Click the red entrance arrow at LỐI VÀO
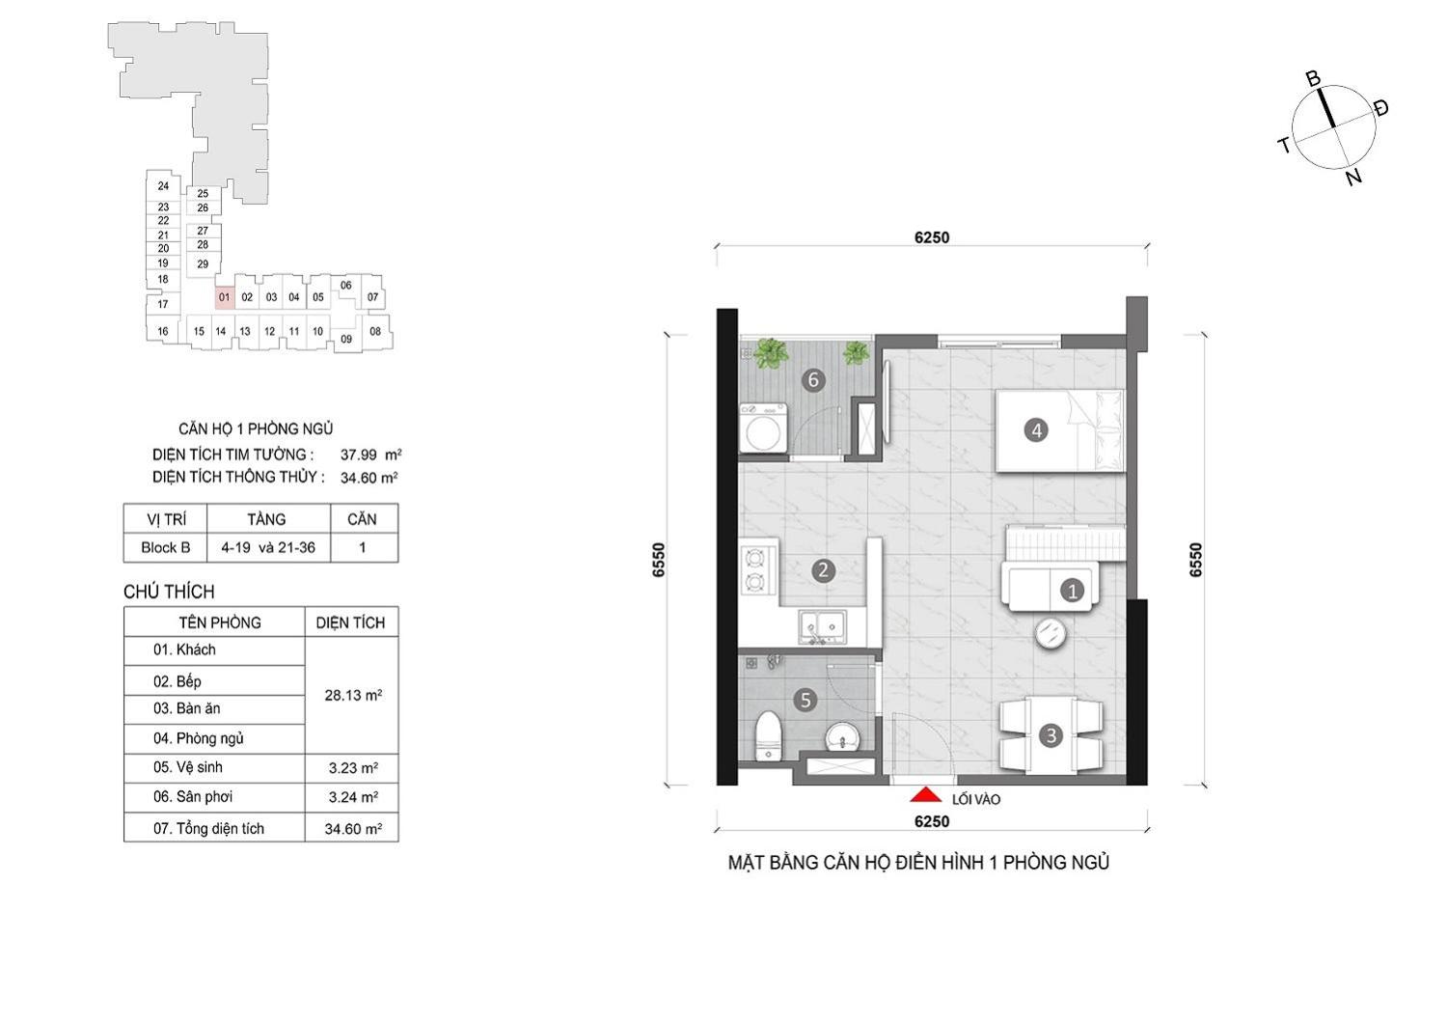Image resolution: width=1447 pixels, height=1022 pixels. point(926,794)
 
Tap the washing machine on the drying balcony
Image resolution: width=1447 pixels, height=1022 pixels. point(763,428)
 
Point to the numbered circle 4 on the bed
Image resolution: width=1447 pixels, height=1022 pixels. point(1036,429)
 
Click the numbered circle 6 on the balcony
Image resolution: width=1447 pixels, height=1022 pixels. point(813,379)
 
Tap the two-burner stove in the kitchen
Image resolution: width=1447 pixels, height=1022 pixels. point(753,570)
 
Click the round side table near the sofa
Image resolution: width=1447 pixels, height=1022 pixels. point(1050,633)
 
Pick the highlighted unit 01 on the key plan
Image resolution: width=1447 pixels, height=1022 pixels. point(224,298)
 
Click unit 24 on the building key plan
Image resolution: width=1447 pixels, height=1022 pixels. point(163,186)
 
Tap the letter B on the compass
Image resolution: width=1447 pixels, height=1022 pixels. point(1313,79)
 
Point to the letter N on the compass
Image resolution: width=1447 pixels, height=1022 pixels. point(1353,177)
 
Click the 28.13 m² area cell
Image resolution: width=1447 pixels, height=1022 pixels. point(353,696)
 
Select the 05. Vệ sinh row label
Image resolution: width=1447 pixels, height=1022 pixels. point(188,767)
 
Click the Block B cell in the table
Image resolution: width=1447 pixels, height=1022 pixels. point(165,547)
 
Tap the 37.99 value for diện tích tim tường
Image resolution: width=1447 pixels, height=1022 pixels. point(359,455)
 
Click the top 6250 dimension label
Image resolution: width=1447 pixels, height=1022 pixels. point(932,237)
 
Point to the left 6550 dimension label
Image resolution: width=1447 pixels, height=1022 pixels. point(658,560)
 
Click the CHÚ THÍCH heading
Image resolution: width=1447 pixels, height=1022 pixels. point(169,593)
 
